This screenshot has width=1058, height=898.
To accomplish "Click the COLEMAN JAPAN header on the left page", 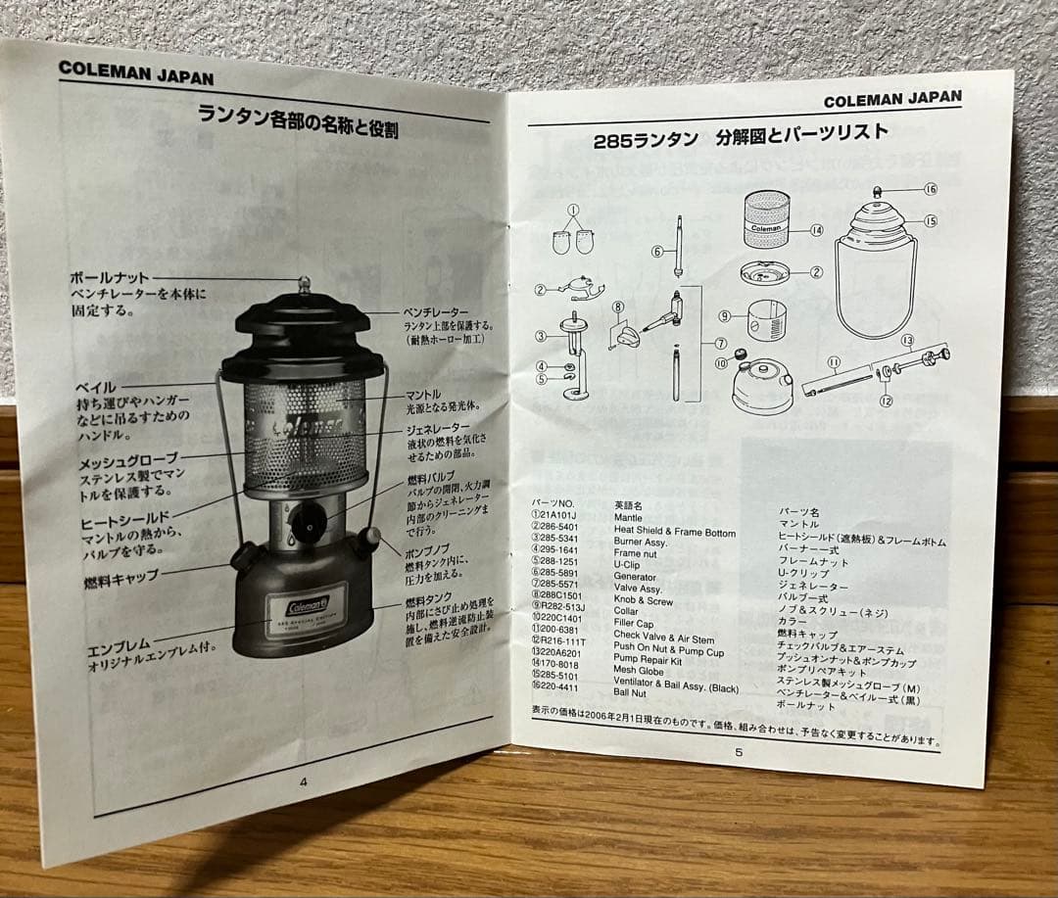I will coord(135,71).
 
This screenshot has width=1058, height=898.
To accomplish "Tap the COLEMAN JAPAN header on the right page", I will coord(891,99).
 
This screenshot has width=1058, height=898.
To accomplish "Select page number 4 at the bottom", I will coord(303,780).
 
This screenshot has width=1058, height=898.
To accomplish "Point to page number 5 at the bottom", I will coord(739,752).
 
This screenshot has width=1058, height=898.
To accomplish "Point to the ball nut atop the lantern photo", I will coord(304,285).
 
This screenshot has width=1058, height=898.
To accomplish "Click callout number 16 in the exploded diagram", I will coord(930,188).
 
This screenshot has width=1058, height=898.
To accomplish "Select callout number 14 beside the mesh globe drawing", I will coord(816,231).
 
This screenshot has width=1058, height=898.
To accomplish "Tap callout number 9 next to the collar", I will coord(725,315).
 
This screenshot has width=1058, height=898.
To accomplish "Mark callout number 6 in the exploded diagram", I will coord(657,251).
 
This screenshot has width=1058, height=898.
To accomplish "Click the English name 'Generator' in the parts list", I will coord(638,577).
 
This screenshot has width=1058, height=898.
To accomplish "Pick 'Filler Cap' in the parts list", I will coord(634,624).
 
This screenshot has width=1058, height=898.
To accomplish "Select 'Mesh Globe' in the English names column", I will coord(639,671).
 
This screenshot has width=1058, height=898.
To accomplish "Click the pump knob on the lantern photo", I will coord(368,539).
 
